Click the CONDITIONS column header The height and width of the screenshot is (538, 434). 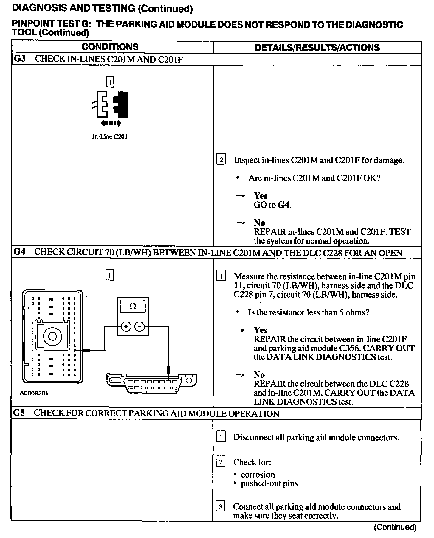(110, 47)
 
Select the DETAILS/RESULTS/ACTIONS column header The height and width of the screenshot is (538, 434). (317, 48)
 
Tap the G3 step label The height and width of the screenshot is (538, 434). (20, 59)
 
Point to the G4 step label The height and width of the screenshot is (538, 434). (19, 252)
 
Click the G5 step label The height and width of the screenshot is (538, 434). (19, 413)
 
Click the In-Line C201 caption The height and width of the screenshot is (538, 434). (110, 137)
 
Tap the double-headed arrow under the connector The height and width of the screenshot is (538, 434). (111, 123)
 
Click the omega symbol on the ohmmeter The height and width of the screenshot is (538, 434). (133, 306)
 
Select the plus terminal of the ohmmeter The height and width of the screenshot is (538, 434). (126, 327)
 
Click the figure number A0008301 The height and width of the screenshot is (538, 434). (34, 393)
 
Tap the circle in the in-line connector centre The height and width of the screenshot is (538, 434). (52, 336)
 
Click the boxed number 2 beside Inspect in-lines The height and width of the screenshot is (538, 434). (221, 160)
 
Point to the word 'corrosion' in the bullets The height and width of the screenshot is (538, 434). (258, 474)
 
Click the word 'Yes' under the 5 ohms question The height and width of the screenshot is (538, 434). (261, 330)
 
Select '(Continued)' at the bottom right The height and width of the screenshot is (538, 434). (395, 527)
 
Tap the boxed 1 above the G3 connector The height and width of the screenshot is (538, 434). (110, 82)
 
